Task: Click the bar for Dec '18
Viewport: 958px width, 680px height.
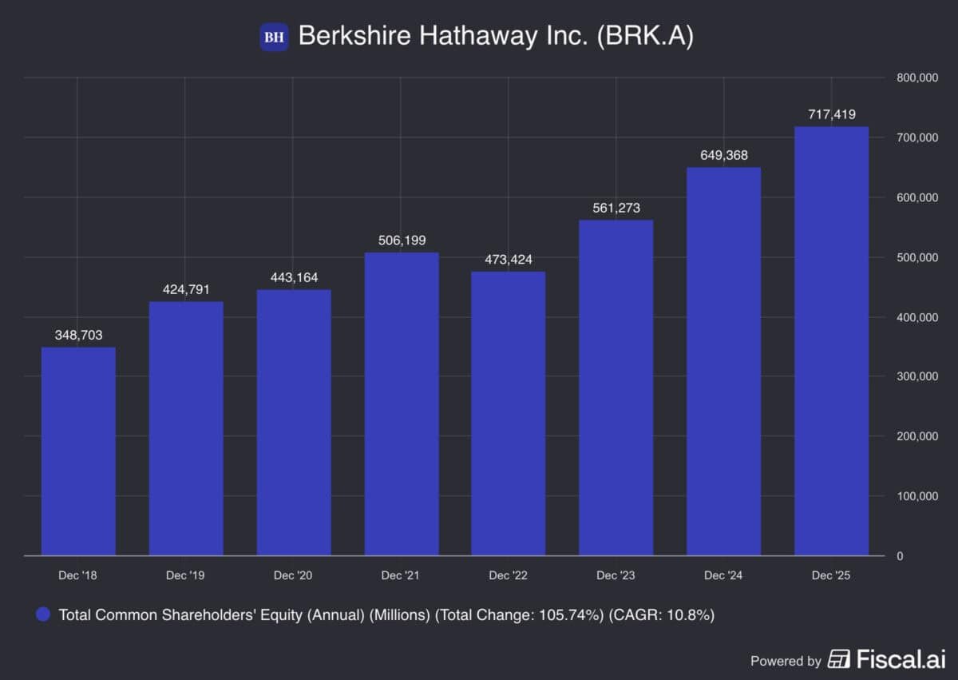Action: (78, 451)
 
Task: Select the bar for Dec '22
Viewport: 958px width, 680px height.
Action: (508, 414)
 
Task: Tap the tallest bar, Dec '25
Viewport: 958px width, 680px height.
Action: (831, 341)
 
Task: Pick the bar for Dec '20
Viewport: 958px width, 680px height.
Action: (293, 423)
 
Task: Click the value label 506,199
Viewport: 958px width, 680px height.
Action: (401, 240)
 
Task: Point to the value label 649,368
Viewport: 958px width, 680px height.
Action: (723, 155)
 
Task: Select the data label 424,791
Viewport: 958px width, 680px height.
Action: (185, 289)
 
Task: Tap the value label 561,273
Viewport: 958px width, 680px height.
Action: (616, 208)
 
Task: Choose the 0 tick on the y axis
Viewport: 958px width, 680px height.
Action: (899, 556)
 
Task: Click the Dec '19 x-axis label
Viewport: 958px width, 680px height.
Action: (185, 575)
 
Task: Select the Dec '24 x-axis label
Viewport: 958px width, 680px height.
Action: (723, 575)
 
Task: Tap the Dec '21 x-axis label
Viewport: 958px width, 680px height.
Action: (401, 575)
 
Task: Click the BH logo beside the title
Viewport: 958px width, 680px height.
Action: (274, 37)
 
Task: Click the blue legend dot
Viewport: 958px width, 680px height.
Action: (44, 615)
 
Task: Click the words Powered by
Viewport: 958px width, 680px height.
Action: (786, 661)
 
